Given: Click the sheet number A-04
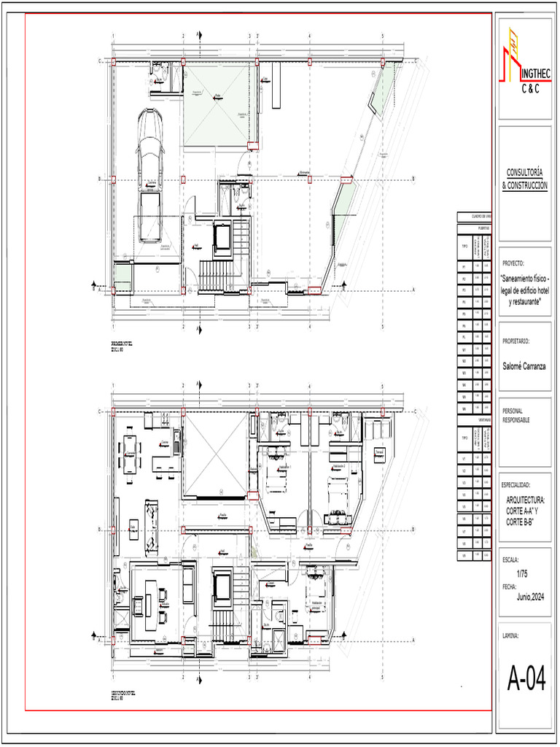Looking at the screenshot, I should pyautogui.click(x=526, y=681).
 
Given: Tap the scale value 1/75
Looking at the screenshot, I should pyautogui.click(x=522, y=573).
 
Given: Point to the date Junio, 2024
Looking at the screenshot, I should pyautogui.click(x=530, y=597).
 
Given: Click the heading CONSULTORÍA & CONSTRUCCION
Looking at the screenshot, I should pyautogui.click(x=525, y=179).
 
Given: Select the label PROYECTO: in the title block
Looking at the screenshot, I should pyautogui.click(x=513, y=263).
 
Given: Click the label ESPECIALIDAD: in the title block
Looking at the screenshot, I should pyautogui.click(x=520, y=485).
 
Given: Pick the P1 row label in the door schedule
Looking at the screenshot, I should pyautogui.click(x=464, y=268).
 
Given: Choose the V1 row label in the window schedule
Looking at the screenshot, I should pyautogui.click(x=464, y=458).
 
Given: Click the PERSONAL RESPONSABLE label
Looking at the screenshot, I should pyautogui.click(x=516, y=416).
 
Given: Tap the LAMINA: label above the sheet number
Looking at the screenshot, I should pyautogui.click(x=510, y=635).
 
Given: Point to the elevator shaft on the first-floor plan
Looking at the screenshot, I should pyautogui.click(x=222, y=238).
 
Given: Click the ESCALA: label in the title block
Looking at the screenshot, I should pyautogui.click(x=510, y=560).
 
